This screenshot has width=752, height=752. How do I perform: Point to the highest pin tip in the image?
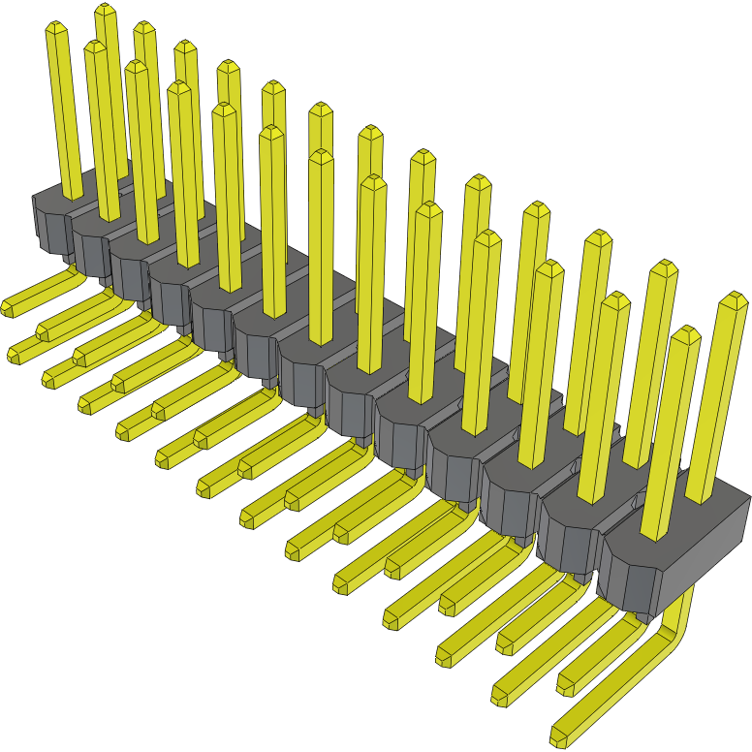[106, 11]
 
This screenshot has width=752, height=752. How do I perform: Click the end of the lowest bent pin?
[561, 735]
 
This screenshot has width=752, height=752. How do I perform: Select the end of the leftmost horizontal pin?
[7, 308]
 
